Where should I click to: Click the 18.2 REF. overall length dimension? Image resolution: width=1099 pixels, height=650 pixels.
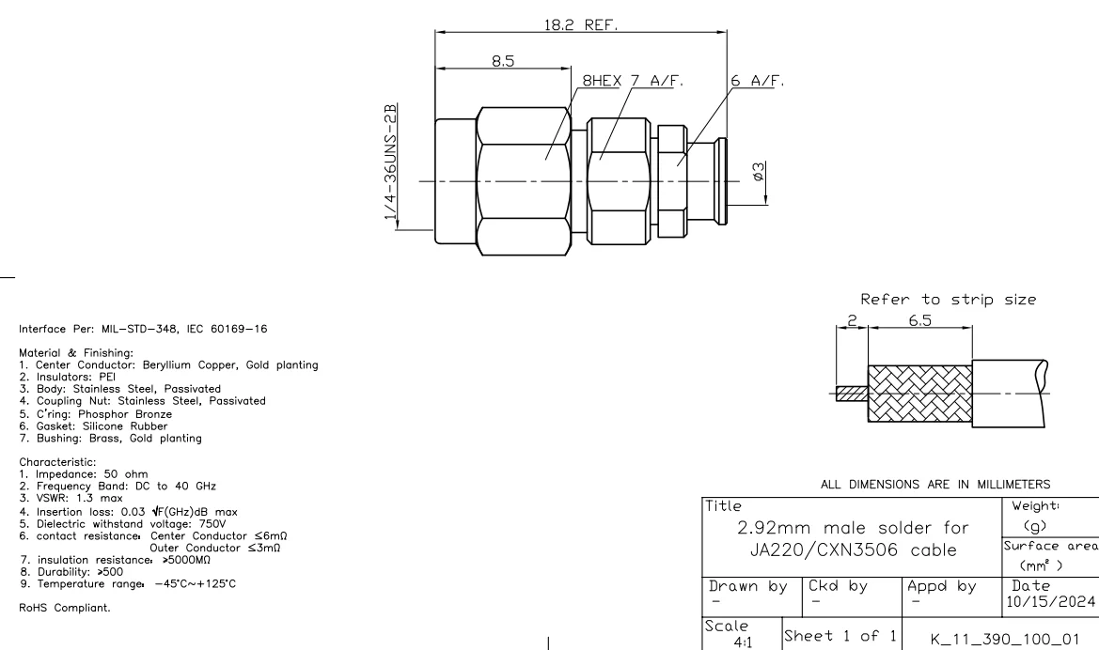tap(580, 25)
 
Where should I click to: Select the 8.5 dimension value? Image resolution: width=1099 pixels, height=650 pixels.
tap(503, 62)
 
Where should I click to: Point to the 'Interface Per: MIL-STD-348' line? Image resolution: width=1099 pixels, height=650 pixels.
tap(124, 329)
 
